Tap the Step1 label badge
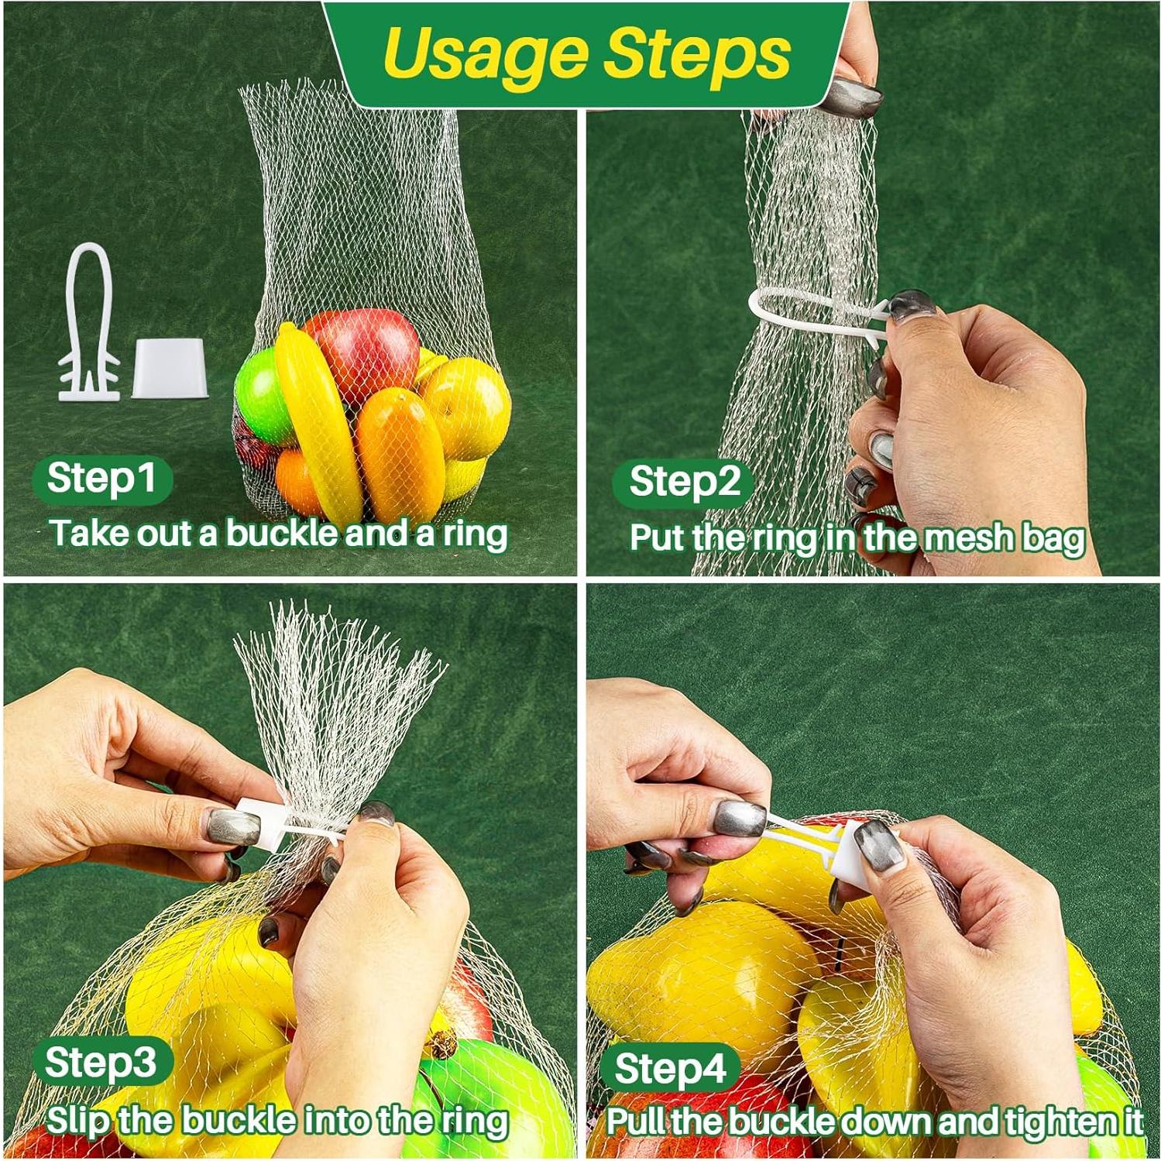click(101, 479)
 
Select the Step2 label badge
click(684, 483)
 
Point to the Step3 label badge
click(101, 1063)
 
